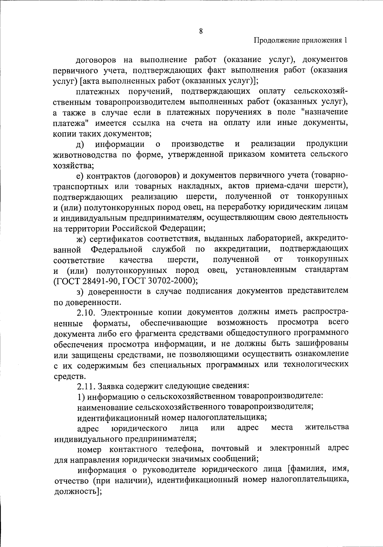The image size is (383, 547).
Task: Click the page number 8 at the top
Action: point(201,31)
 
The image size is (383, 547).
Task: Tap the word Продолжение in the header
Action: point(275,41)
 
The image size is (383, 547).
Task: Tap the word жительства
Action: point(327,427)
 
